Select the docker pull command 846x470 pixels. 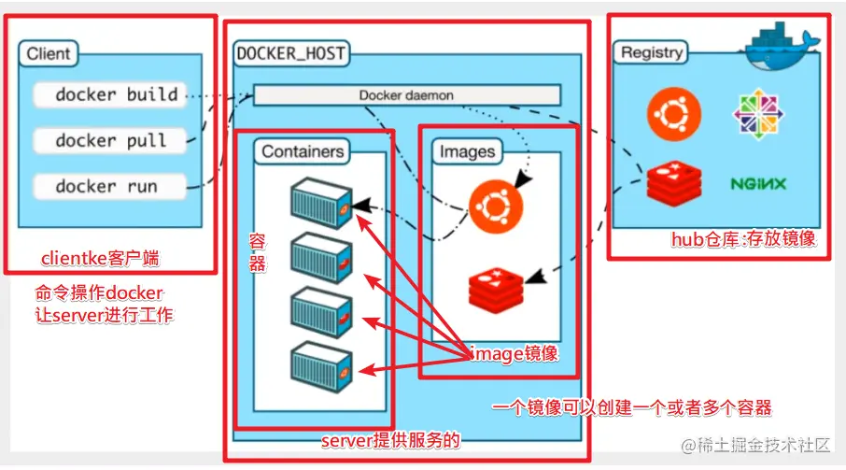[x=111, y=140]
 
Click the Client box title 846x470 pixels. [x=49, y=54]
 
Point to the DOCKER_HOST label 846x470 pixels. [x=291, y=54]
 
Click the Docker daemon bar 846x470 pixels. [x=406, y=95]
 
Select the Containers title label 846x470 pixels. [x=303, y=151]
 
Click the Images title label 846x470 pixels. [x=467, y=151]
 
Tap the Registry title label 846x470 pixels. [x=652, y=53]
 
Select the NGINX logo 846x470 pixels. [x=758, y=183]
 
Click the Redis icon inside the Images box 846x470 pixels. [x=496, y=288]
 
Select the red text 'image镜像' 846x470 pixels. [x=514, y=353]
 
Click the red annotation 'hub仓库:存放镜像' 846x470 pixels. [x=743, y=239]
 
